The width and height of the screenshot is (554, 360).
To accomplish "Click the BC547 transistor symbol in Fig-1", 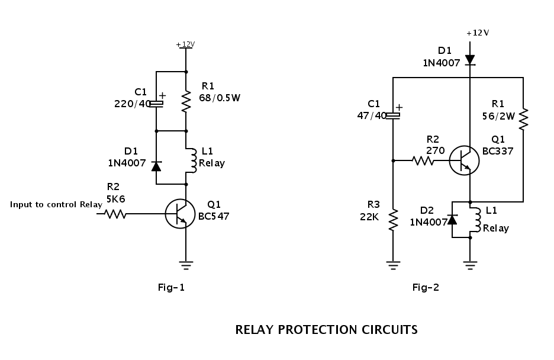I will [x=180, y=214].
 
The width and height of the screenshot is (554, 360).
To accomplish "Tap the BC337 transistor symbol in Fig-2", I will [x=463, y=160].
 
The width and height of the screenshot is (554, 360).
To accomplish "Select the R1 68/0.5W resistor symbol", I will [x=186, y=101].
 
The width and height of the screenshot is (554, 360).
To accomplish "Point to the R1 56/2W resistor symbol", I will [x=523, y=119].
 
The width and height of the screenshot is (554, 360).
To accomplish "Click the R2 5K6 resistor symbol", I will [x=115, y=213].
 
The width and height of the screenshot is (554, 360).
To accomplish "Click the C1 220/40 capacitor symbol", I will [x=156, y=104].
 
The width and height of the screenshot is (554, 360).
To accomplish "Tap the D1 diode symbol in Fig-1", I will [x=156, y=166].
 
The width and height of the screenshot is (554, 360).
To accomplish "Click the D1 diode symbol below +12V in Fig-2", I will [x=470, y=60].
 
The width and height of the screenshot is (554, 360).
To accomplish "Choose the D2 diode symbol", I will [x=452, y=220].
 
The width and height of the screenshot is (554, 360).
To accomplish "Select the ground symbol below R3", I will [x=393, y=265].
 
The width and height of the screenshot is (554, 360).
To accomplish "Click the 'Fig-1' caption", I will [x=171, y=288].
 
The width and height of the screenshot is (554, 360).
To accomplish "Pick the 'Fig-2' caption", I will [x=426, y=288].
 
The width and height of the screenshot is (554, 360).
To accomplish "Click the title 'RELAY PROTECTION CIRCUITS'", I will [x=326, y=330].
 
